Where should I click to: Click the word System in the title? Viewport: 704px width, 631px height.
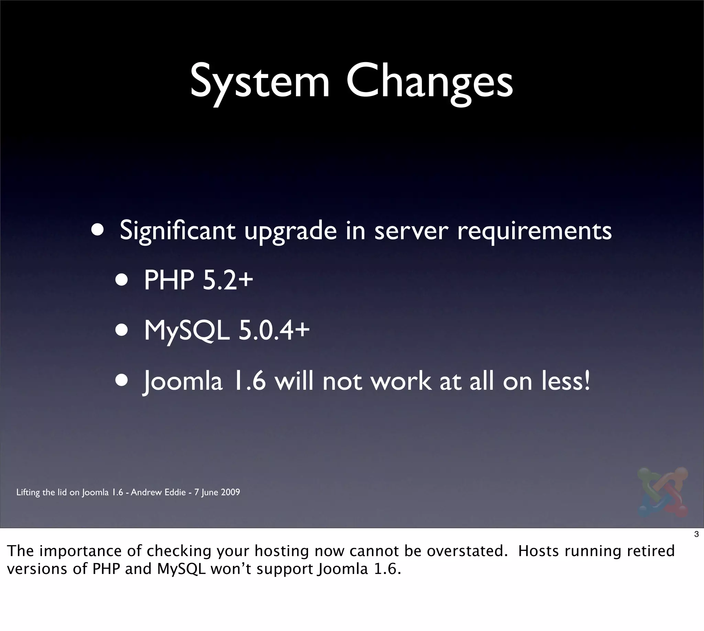pos(260,81)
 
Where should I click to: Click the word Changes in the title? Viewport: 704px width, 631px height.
pos(429,81)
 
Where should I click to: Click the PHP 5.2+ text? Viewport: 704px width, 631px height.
pos(198,280)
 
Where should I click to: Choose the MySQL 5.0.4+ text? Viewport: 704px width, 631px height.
pos(227,330)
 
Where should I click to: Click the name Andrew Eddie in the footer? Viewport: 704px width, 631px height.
pos(158,492)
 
